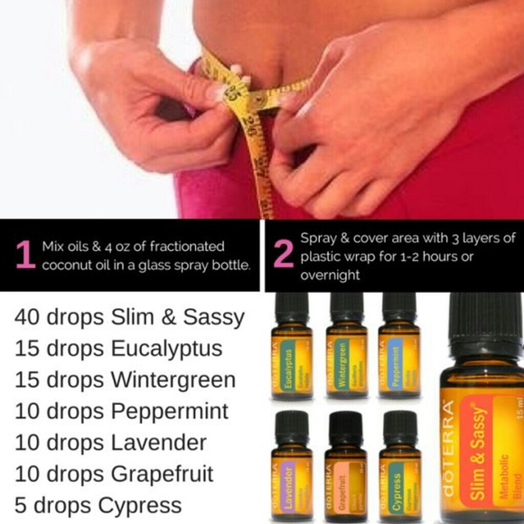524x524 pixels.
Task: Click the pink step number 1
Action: point(24,255)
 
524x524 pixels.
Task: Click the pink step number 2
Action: point(283,255)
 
